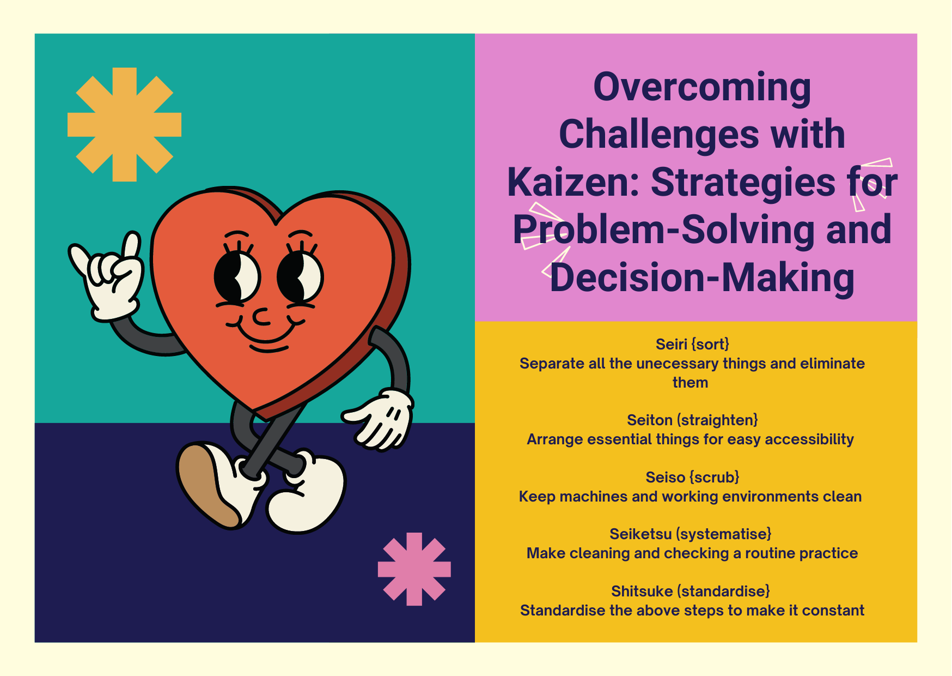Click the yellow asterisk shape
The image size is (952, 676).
(x=124, y=124)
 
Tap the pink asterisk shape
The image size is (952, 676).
(x=414, y=569)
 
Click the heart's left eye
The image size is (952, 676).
(x=237, y=277)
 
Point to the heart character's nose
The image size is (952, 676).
(x=262, y=317)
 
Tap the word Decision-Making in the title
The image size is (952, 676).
(x=702, y=277)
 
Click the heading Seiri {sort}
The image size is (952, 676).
(x=692, y=345)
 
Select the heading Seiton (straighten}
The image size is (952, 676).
(x=692, y=420)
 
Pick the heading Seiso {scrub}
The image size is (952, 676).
(x=692, y=478)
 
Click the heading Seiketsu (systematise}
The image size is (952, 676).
(x=690, y=534)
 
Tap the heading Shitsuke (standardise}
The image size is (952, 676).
(x=690, y=591)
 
